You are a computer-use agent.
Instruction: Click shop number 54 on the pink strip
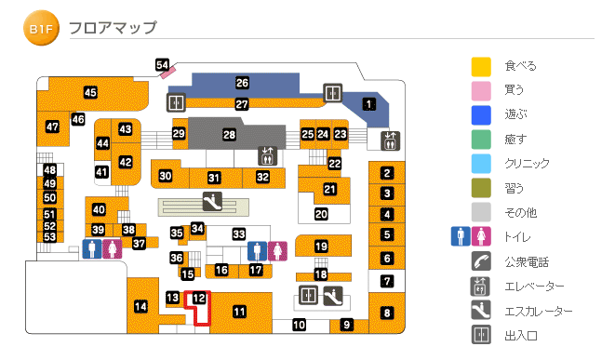[163, 64]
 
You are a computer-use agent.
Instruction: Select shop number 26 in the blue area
[242, 82]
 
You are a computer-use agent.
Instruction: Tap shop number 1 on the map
[368, 103]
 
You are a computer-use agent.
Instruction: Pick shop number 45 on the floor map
[90, 92]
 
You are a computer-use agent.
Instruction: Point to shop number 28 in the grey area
[229, 135]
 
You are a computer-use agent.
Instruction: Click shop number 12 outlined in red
[198, 298]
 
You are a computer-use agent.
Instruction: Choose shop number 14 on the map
[140, 306]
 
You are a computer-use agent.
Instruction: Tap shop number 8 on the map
[387, 313]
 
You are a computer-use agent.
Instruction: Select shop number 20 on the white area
[321, 214]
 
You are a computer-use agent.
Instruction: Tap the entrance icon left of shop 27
[176, 101]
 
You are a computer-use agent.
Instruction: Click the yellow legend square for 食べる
[480, 66]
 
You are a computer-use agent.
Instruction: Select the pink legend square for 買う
[480, 90]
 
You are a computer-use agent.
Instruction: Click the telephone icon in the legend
[480, 261]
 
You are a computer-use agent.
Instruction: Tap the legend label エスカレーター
[539, 312]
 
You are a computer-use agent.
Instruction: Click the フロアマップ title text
[113, 29]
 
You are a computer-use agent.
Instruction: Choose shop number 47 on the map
[52, 127]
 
